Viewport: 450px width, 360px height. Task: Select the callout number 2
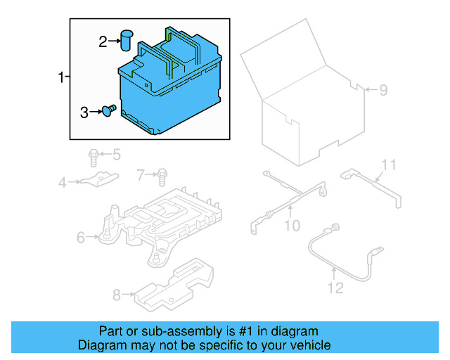pyautogui.click(x=103, y=42)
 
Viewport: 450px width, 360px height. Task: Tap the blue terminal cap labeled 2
pyautogui.click(x=127, y=40)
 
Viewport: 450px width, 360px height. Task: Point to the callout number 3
pyautogui.click(x=84, y=112)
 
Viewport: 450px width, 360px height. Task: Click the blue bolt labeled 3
pyautogui.click(x=108, y=110)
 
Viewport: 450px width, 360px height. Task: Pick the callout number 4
pyautogui.click(x=62, y=183)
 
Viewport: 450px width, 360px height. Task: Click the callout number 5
pyautogui.click(x=117, y=154)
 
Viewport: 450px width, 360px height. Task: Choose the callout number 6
pyautogui.click(x=81, y=238)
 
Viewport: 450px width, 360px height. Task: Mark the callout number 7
pyautogui.click(x=141, y=174)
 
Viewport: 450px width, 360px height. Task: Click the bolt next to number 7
pyautogui.click(x=162, y=174)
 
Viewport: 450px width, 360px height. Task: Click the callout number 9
pyautogui.click(x=383, y=90)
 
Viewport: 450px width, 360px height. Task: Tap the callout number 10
pyautogui.click(x=291, y=225)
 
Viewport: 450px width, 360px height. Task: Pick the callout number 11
pyautogui.click(x=389, y=165)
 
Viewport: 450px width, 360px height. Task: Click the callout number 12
pyautogui.click(x=335, y=287)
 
